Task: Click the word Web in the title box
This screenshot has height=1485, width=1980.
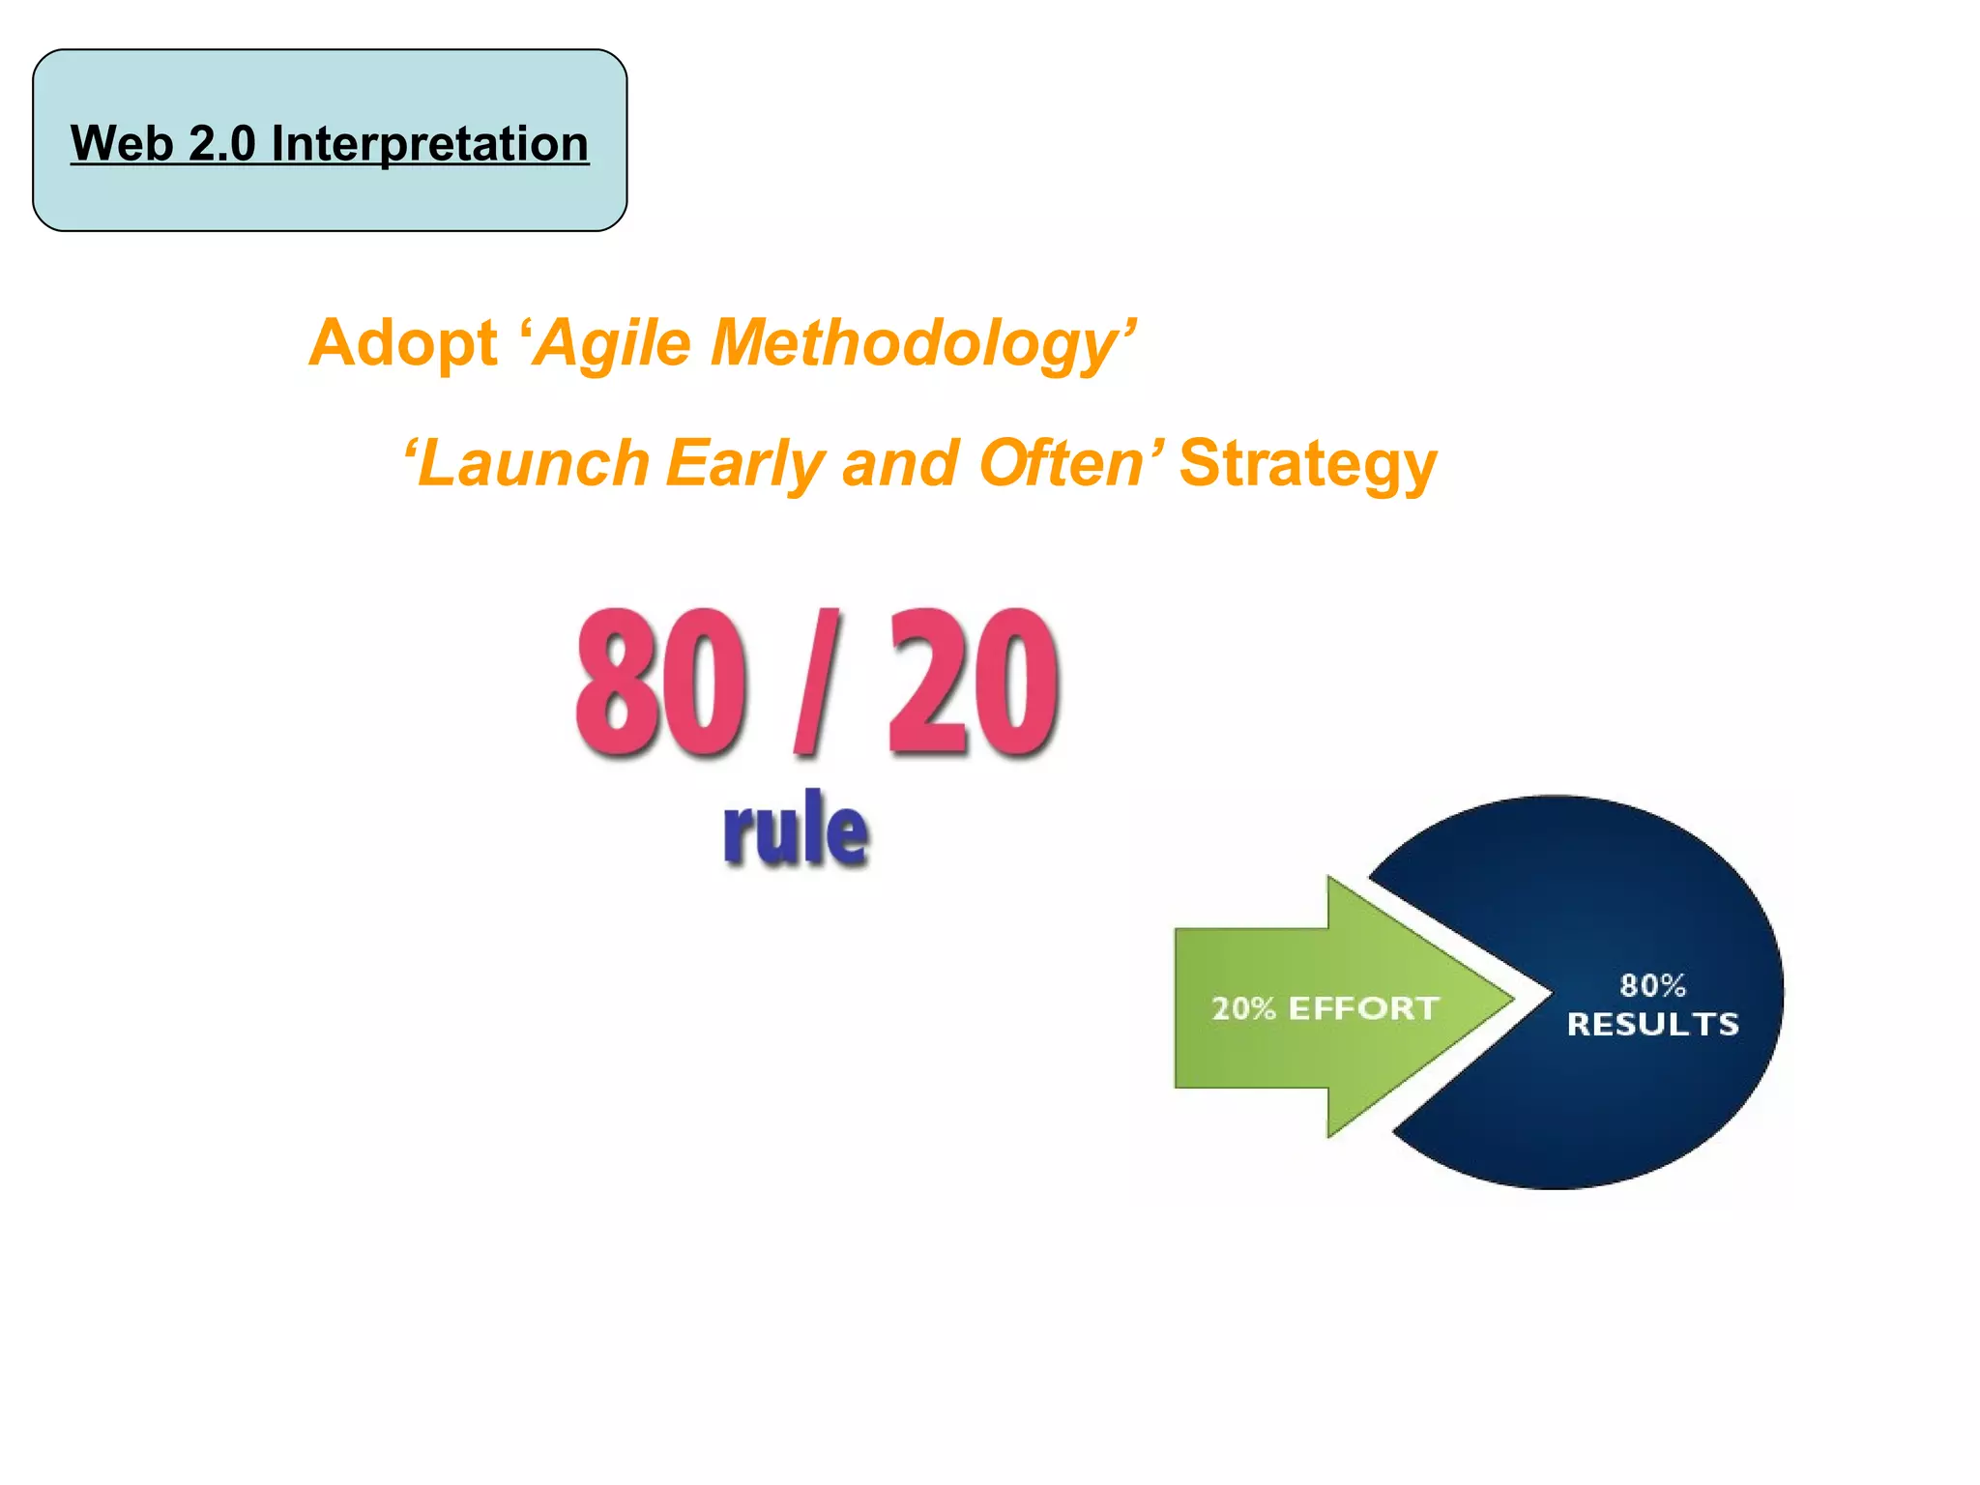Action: pos(122,144)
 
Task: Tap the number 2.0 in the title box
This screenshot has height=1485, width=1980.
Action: pos(222,144)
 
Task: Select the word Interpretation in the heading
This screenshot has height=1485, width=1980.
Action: pos(429,144)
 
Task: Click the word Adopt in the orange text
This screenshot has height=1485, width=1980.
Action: pos(403,344)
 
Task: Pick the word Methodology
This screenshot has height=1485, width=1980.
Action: pos(914,344)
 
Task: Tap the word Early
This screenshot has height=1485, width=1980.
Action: pos(744,465)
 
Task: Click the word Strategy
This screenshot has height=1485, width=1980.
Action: pos(1308,465)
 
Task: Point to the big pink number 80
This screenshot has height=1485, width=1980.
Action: pos(661,682)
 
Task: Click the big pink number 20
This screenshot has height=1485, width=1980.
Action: pos(973,682)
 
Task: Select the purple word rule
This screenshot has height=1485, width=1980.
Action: pos(796,829)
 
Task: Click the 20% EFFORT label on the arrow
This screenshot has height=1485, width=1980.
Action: pos(1325,1008)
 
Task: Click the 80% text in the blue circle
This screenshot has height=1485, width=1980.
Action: pos(1652,985)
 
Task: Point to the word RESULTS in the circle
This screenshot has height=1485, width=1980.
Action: pos(1652,1025)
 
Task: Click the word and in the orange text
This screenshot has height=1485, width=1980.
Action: pos(900,463)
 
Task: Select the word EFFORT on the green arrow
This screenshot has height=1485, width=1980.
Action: pos(1364,1008)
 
